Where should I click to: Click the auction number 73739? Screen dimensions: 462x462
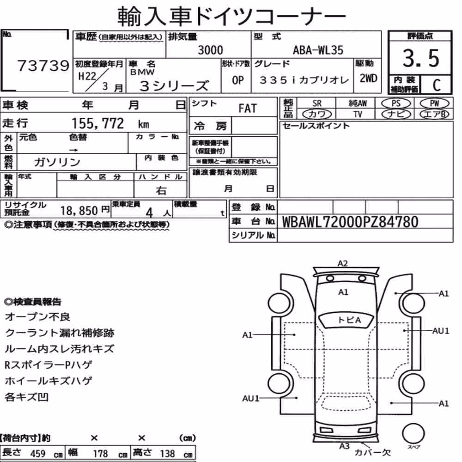43,66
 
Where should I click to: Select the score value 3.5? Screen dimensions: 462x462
421,58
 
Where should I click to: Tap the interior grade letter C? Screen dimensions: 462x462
437,85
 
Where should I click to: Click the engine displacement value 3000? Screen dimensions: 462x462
210,50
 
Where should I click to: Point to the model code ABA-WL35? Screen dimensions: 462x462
318,50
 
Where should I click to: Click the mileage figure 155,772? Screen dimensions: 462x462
98,123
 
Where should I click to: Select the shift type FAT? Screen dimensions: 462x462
248,108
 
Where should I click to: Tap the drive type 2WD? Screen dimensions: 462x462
368,78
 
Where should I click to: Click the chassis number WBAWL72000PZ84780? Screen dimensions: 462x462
350,222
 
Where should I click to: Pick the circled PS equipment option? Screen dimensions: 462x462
396,103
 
